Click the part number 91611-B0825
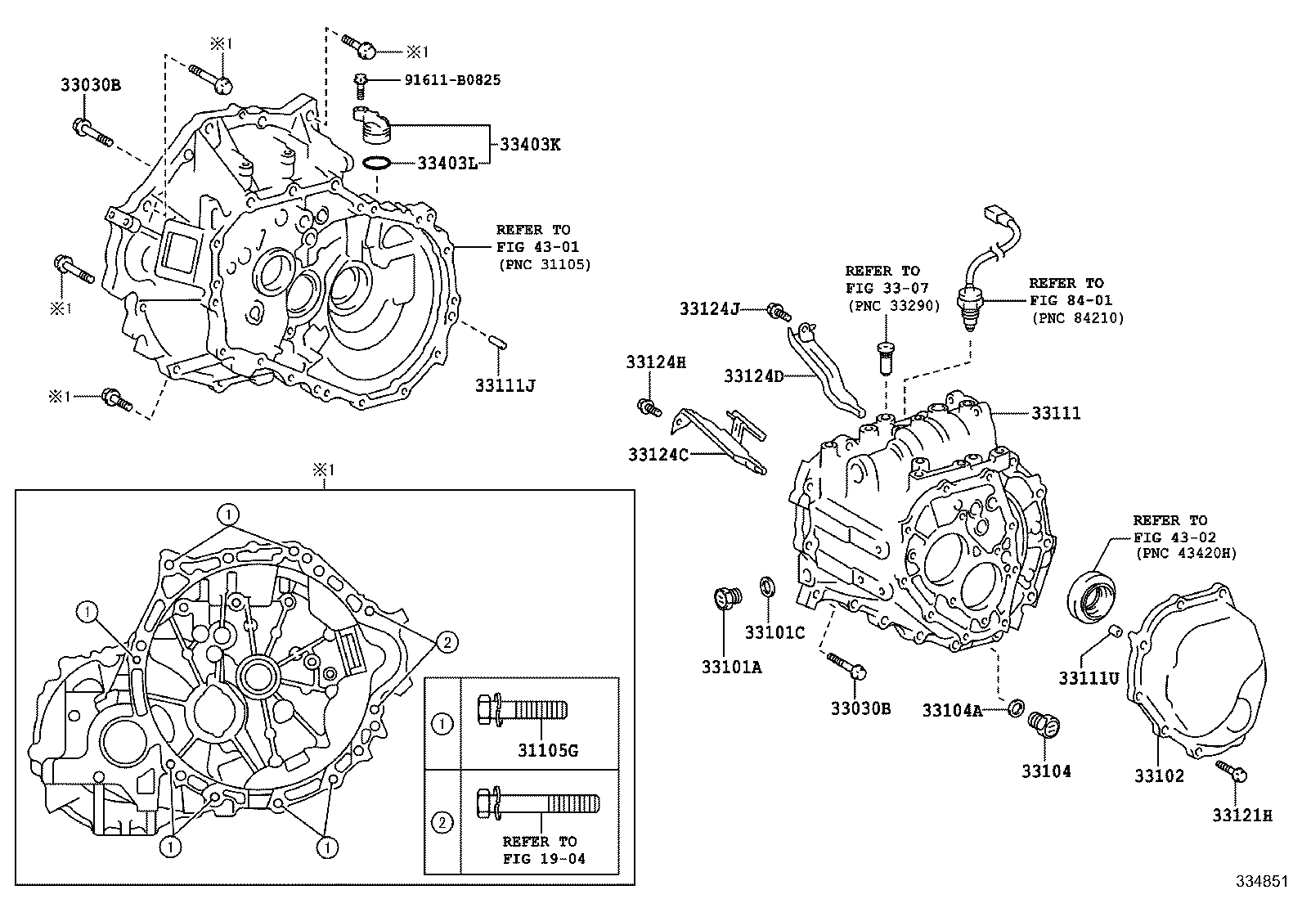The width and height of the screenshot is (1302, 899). pos(452,79)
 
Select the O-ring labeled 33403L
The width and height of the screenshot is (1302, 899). pos(376,164)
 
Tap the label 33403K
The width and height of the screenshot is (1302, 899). pos(530,144)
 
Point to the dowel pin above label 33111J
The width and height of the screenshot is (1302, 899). pos(498,343)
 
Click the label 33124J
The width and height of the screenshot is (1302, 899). pos(710,308)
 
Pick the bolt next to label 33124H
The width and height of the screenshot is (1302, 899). pos(649,407)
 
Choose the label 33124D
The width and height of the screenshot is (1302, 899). pos(754,376)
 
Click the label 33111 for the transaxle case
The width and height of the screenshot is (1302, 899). pos(1056,413)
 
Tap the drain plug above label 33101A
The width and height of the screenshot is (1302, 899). pos(727,598)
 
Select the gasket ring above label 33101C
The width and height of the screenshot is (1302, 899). pos(767,587)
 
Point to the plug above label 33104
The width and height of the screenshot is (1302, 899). pos(1044,725)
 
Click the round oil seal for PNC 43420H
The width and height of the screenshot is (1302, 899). pos(1092,597)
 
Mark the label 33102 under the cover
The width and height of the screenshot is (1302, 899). pos(1159,775)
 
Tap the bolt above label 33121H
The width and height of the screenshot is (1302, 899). pos(1231,771)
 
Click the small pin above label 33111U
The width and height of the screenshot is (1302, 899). pos(1114,631)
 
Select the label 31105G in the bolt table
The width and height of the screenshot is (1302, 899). pos(548,751)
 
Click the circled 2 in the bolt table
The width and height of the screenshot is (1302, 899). pos(442,823)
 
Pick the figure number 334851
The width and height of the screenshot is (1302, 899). pos(1262,881)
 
